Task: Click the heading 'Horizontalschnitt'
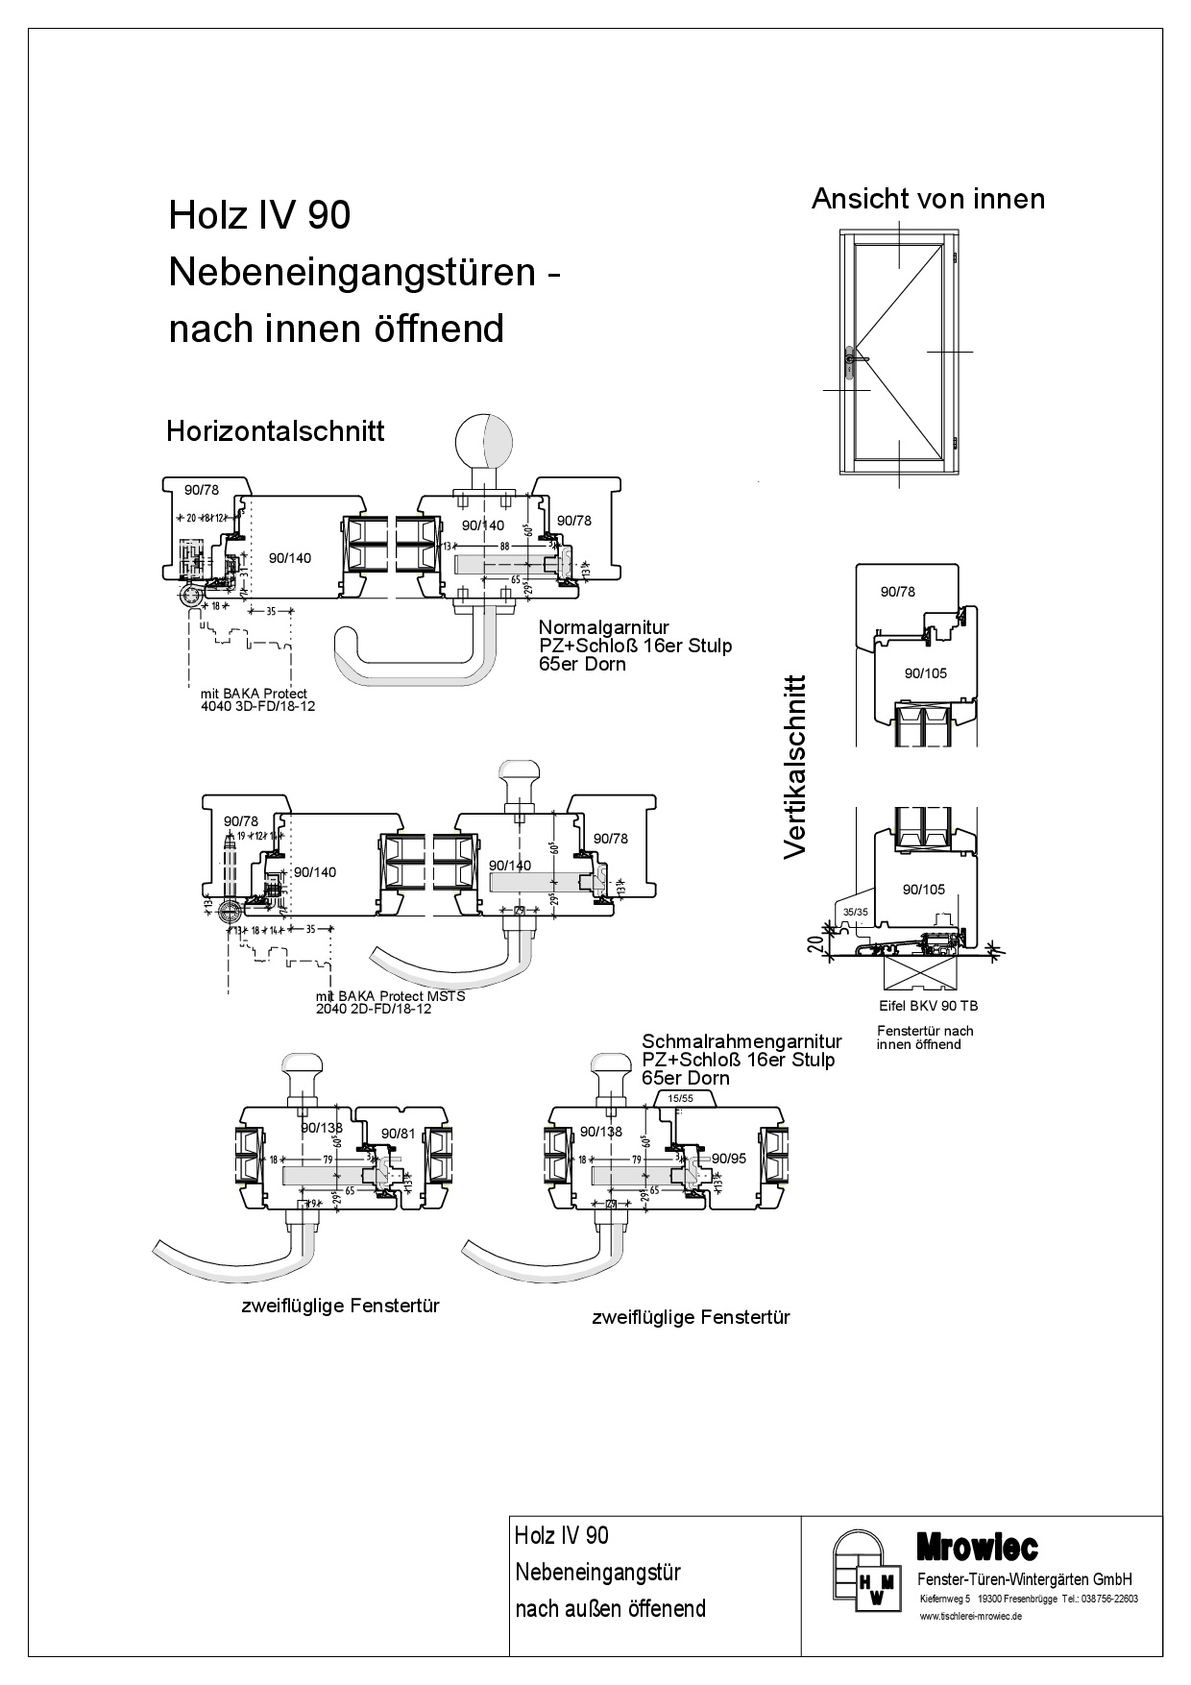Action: click(275, 430)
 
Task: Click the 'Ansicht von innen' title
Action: click(928, 199)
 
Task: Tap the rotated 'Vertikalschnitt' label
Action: click(795, 766)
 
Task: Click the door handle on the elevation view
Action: click(852, 360)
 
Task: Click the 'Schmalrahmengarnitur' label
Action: click(741, 1041)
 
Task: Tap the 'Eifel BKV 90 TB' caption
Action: click(928, 1006)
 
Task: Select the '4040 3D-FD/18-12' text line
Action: click(256, 706)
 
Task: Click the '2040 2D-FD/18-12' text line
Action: click(374, 1009)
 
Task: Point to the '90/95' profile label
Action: click(729, 1158)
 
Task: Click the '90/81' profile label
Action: click(399, 1134)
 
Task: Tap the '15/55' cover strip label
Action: click(680, 1097)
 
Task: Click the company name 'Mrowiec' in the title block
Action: click(977, 1547)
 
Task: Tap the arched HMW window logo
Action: click(865, 1573)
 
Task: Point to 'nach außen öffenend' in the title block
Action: click(610, 1608)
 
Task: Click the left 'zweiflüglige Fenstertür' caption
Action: click(339, 1306)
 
